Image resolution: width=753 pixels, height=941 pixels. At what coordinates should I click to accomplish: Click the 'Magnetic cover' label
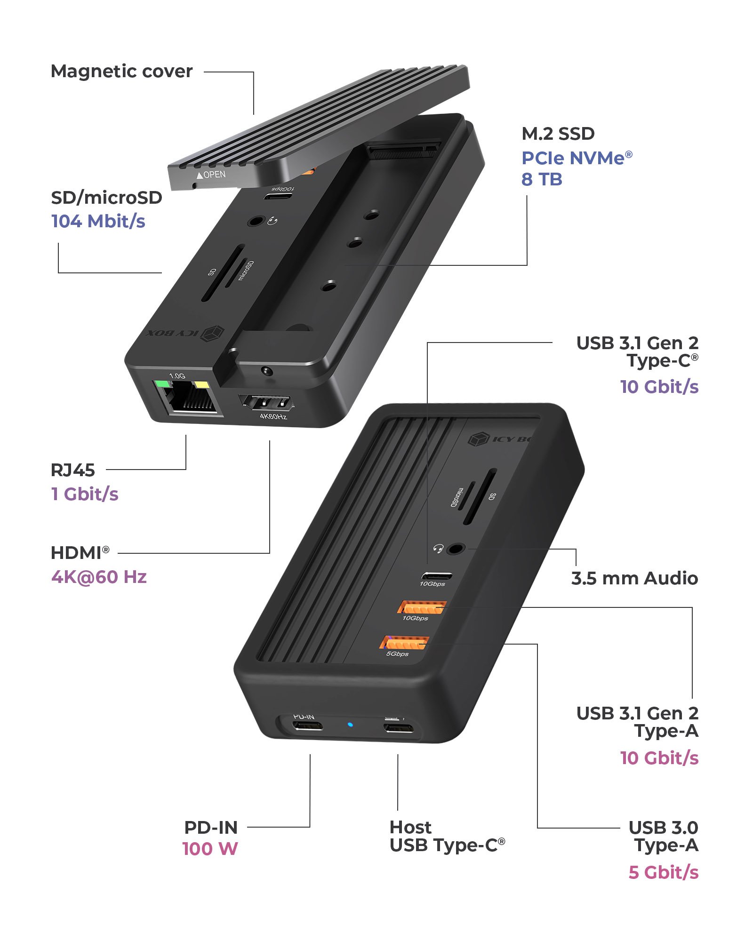point(121,72)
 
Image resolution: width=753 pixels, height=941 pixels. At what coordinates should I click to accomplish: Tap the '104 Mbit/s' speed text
point(98,221)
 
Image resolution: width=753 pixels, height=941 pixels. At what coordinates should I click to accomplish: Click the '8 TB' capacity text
point(542,179)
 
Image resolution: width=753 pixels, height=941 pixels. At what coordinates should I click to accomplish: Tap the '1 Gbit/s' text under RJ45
point(85,494)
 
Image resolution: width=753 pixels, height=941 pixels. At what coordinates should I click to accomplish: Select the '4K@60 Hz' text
point(99,577)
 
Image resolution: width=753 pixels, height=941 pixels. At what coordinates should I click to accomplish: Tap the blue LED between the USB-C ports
point(350,724)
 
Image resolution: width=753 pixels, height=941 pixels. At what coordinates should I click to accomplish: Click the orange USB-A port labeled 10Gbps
point(422,607)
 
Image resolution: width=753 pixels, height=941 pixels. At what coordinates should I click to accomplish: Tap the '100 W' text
point(210,849)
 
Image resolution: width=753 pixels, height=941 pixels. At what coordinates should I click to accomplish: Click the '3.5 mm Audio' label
point(634,578)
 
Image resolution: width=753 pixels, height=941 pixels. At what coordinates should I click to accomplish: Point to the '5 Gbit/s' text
point(664,872)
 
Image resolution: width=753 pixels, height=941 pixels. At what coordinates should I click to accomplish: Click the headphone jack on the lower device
point(455,549)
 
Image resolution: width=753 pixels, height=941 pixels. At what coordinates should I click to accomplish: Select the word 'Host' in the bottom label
point(410,827)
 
